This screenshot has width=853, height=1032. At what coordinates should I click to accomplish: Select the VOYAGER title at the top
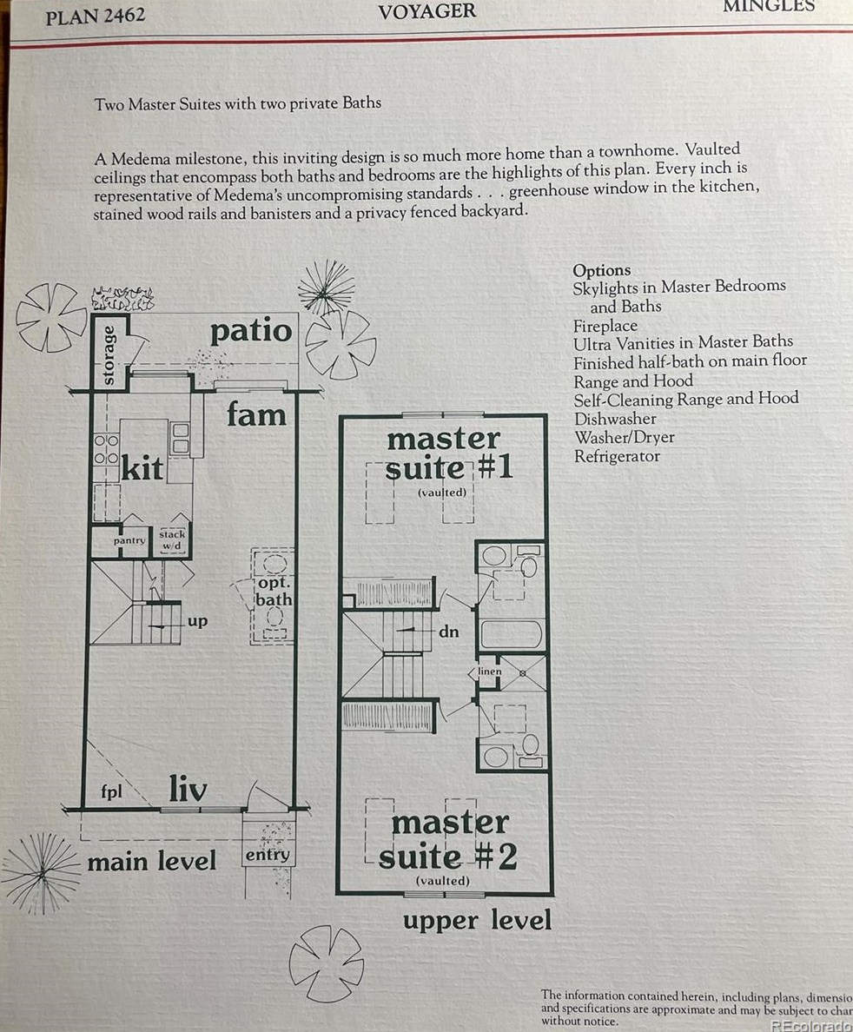point(426,11)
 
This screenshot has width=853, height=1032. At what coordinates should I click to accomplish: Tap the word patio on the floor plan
point(251,331)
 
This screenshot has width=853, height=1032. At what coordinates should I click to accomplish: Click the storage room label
point(109,354)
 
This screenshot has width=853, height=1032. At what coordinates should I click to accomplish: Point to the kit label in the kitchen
point(142,468)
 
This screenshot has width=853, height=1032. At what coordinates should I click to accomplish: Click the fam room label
point(256,414)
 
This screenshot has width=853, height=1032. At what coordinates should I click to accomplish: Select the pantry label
point(129,540)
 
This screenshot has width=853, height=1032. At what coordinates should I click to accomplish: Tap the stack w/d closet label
point(172,539)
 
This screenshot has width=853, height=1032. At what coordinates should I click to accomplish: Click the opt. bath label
point(273,592)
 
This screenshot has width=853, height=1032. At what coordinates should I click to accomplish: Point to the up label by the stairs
point(198,622)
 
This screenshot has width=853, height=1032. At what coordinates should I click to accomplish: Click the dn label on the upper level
point(448,632)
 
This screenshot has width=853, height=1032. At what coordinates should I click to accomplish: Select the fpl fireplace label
point(110,793)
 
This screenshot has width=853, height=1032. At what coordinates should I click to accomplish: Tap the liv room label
point(188,790)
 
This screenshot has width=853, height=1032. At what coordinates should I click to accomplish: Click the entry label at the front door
point(267,855)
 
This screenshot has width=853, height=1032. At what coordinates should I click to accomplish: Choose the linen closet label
point(490,671)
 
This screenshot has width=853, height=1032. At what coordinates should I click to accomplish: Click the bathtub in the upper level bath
point(512,634)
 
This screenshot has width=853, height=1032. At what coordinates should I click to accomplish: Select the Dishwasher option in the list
point(614,419)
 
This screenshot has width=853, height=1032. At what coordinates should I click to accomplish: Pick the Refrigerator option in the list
point(617,456)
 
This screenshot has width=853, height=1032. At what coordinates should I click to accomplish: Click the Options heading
point(601,270)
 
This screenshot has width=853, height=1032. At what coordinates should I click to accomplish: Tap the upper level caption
point(477,920)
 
